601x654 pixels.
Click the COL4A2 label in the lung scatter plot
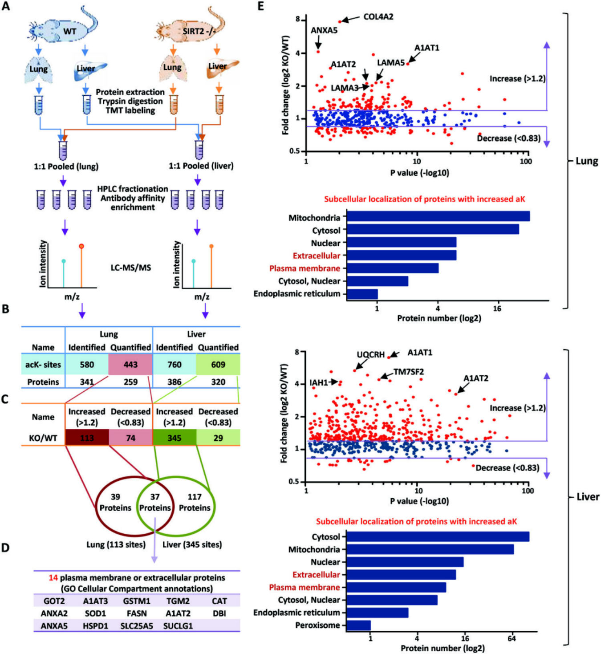[x=378, y=16]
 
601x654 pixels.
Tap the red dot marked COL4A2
[x=340, y=21]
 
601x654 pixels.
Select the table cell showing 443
[x=130, y=364]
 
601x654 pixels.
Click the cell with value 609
[x=218, y=364]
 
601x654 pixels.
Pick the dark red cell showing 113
[x=87, y=438]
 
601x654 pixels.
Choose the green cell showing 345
[x=175, y=438]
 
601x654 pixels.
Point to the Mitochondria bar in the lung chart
[x=438, y=216]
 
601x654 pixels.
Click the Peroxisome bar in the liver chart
[x=359, y=625]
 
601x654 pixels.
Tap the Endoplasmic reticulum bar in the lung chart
[x=362, y=294]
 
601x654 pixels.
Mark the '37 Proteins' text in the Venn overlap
[x=155, y=502]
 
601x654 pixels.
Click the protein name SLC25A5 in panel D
[x=137, y=626]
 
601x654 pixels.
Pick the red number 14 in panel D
[x=53, y=578]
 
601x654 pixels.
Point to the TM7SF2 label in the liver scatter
[x=409, y=372]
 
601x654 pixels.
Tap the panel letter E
[x=260, y=6]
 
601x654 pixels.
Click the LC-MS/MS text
[x=131, y=268]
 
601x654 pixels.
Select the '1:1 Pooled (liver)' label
[x=201, y=166]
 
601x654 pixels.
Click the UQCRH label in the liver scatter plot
[x=371, y=354]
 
